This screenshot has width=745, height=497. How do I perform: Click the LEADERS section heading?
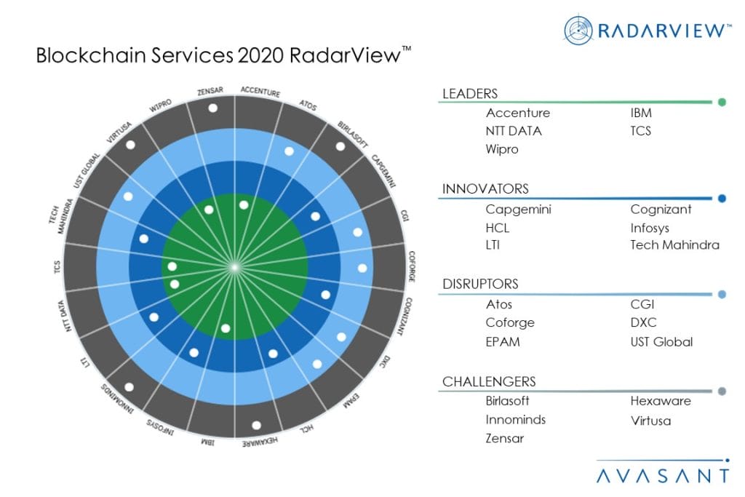tap(470, 93)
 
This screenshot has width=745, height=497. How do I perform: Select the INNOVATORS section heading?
tap(485, 189)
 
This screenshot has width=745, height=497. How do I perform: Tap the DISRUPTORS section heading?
tap(480, 284)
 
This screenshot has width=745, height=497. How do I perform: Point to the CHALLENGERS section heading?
tap(489, 381)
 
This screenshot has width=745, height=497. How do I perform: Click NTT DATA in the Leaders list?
tap(514, 131)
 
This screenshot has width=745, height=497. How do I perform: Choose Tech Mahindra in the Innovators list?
tap(674, 245)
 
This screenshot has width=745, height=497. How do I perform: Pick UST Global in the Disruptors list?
tap(661, 341)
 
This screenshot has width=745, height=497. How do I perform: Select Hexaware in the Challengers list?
tap(661, 401)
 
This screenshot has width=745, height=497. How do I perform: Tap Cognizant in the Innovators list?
tap(661, 210)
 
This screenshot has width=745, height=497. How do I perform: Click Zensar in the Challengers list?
tap(505, 438)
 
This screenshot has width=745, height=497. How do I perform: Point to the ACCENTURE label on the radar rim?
tap(260, 92)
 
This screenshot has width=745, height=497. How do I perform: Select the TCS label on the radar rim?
tap(57, 267)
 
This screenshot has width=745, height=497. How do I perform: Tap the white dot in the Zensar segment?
tap(212, 108)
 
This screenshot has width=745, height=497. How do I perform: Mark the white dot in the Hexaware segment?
tap(256, 425)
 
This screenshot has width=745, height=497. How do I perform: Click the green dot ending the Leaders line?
tap(721, 103)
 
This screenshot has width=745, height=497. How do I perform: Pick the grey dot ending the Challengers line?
tap(721, 391)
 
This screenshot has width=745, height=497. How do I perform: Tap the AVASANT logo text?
tap(661, 476)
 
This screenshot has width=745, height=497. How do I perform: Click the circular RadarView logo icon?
tap(579, 30)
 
